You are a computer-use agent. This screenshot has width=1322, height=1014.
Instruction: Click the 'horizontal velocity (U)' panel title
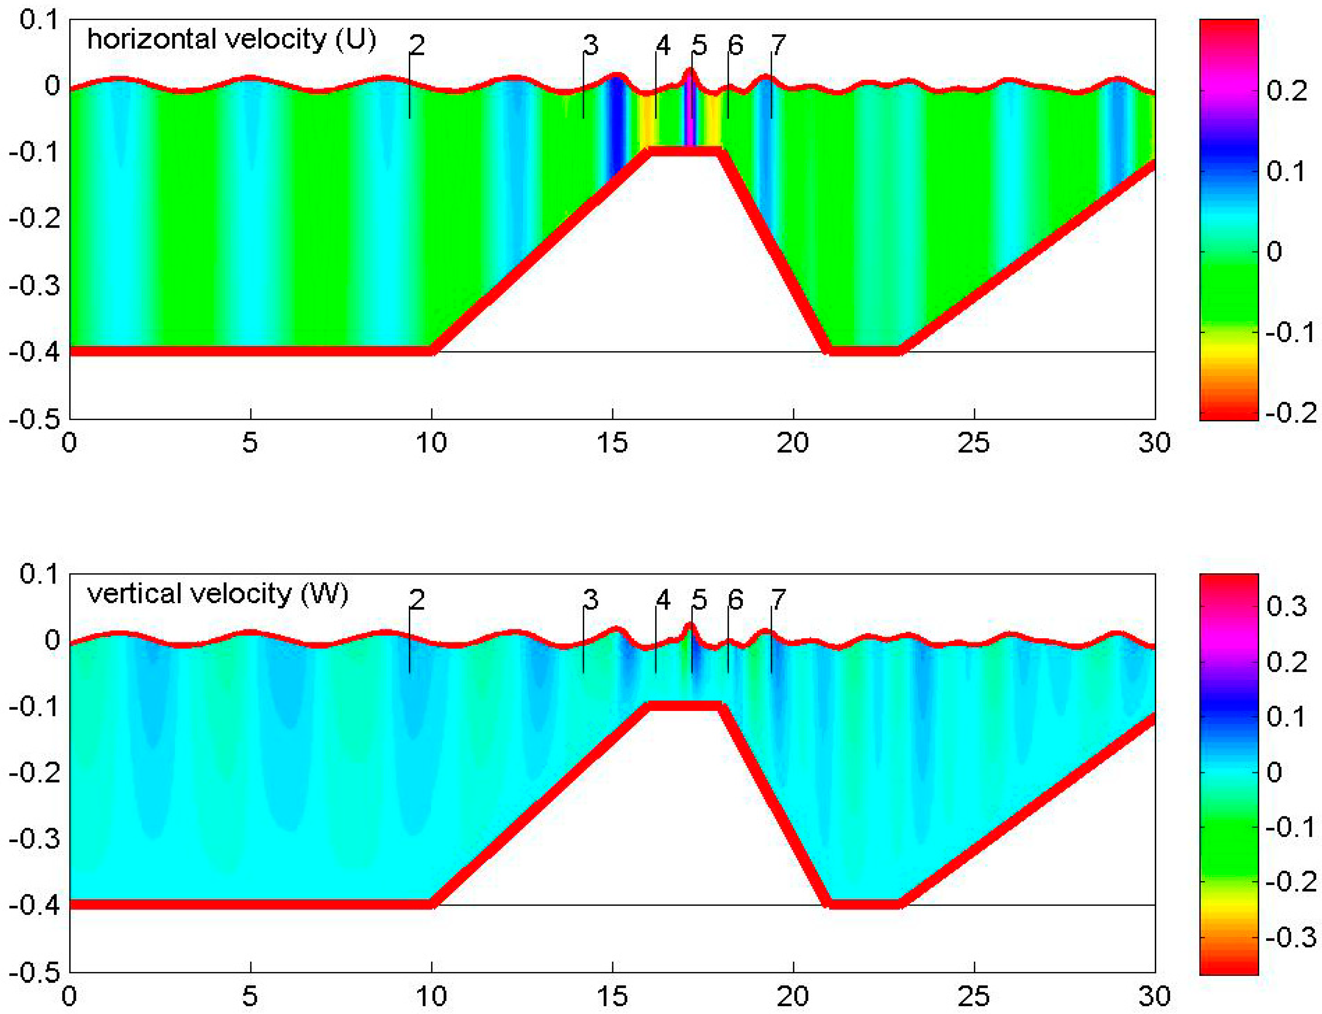click(x=231, y=40)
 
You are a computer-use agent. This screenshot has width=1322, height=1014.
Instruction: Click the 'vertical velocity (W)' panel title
click(x=218, y=594)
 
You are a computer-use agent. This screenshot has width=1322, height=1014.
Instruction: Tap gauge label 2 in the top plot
click(x=417, y=45)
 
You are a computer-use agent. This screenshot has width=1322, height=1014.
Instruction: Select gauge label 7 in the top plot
click(x=779, y=45)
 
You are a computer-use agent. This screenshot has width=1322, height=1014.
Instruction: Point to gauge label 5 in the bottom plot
click(x=699, y=599)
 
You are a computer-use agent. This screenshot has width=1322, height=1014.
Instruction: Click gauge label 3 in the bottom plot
click(x=591, y=599)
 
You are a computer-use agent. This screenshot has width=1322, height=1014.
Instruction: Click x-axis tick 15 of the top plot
click(x=612, y=443)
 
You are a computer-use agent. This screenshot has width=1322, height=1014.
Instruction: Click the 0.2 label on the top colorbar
click(x=1286, y=91)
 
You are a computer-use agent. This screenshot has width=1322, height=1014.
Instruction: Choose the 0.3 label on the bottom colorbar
click(x=1286, y=605)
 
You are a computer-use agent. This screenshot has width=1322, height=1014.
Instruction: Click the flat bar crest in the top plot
click(x=684, y=151)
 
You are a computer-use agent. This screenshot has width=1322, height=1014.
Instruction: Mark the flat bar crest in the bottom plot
click(x=684, y=705)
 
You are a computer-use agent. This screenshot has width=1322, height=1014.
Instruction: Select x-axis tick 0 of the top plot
click(x=70, y=443)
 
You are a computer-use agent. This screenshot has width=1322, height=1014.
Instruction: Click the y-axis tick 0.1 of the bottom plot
click(x=39, y=573)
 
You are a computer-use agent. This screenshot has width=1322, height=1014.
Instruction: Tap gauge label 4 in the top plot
click(x=663, y=45)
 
